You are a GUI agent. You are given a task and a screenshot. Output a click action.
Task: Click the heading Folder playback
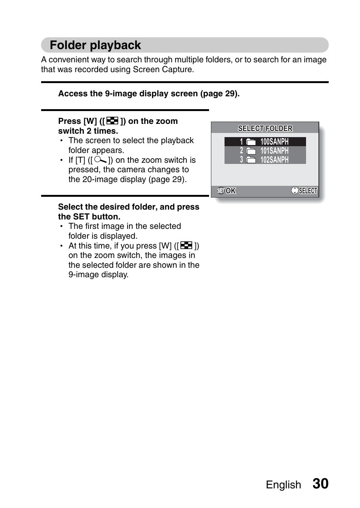[x=95, y=45]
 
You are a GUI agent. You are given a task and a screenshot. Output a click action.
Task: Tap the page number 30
[x=320, y=484]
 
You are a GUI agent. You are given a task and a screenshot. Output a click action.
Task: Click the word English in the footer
[x=283, y=485]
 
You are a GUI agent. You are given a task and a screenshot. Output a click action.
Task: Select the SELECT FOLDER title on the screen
[x=265, y=128]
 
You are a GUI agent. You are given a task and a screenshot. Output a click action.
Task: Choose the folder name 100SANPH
[x=274, y=142]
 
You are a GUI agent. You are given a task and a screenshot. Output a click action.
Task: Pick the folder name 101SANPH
[x=274, y=151]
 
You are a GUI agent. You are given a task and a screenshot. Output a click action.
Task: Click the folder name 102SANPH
[x=274, y=160]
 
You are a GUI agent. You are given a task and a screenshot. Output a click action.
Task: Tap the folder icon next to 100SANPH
[x=251, y=142]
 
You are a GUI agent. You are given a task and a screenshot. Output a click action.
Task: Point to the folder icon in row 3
[x=251, y=160]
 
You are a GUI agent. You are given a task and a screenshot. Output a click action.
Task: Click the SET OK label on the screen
[x=226, y=191]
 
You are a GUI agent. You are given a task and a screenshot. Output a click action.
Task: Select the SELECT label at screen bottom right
[x=305, y=191]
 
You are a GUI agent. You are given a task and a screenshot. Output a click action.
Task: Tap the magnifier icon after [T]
[x=100, y=160]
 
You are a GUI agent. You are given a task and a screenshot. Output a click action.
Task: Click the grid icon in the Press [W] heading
[x=112, y=121]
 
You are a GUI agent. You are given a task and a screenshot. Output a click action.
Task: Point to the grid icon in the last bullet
[x=186, y=246]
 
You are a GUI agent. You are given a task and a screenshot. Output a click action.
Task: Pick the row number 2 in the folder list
[x=242, y=151]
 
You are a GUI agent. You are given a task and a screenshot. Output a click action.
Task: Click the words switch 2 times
[x=88, y=131]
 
